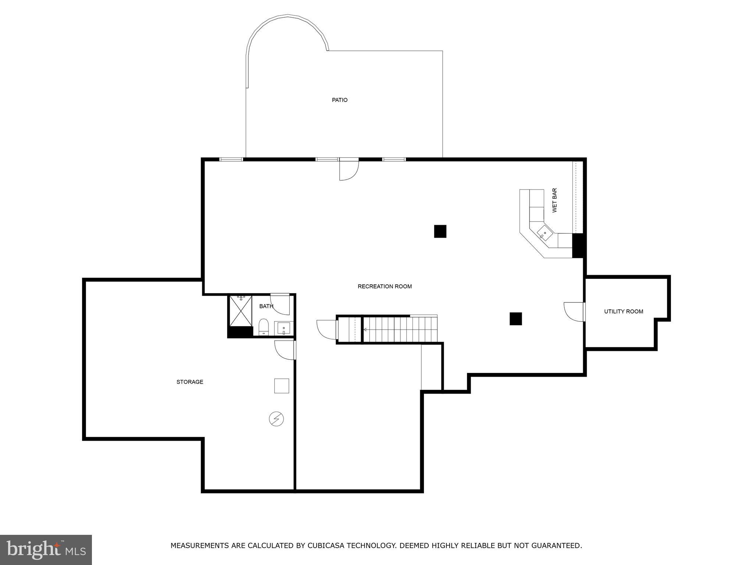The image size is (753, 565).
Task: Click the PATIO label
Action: (x=339, y=100)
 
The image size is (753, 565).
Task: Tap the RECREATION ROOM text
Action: (x=385, y=287)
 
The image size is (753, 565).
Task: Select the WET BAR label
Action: (x=554, y=200)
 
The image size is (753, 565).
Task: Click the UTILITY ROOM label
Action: (x=624, y=312)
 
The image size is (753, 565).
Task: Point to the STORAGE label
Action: (x=190, y=382)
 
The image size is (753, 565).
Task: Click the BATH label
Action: (x=266, y=306)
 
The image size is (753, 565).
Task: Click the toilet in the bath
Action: (x=264, y=327)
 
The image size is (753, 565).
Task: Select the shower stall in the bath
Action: (x=240, y=311)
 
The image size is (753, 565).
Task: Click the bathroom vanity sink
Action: (x=283, y=328)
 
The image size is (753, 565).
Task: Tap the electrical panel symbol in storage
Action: (x=276, y=419)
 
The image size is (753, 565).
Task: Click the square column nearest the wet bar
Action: (x=440, y=231)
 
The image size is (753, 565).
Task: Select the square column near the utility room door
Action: (x=515, y=319)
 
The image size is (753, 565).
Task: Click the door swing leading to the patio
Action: (x=348, y=171)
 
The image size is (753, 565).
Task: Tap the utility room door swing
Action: (x=574, y=311)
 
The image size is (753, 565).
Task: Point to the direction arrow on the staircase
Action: (x=365, y=330)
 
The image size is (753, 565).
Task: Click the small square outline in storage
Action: (x=282, y=386)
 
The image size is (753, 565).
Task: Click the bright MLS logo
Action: (x=46, y=550)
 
